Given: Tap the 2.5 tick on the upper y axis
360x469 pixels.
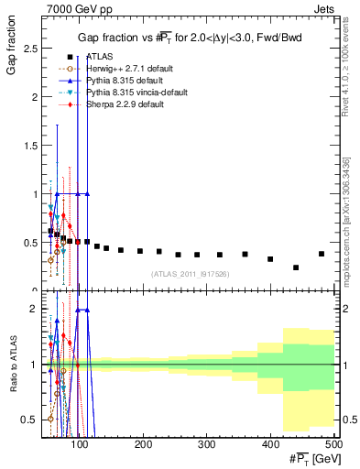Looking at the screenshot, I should [30, 49].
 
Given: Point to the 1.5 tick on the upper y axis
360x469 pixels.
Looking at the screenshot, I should [30, 145].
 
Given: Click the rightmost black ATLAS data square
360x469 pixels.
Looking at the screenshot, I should [321, 254].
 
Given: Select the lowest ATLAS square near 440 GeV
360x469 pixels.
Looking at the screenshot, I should [296, 267].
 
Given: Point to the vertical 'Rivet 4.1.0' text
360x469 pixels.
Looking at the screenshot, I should [349, 73].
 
